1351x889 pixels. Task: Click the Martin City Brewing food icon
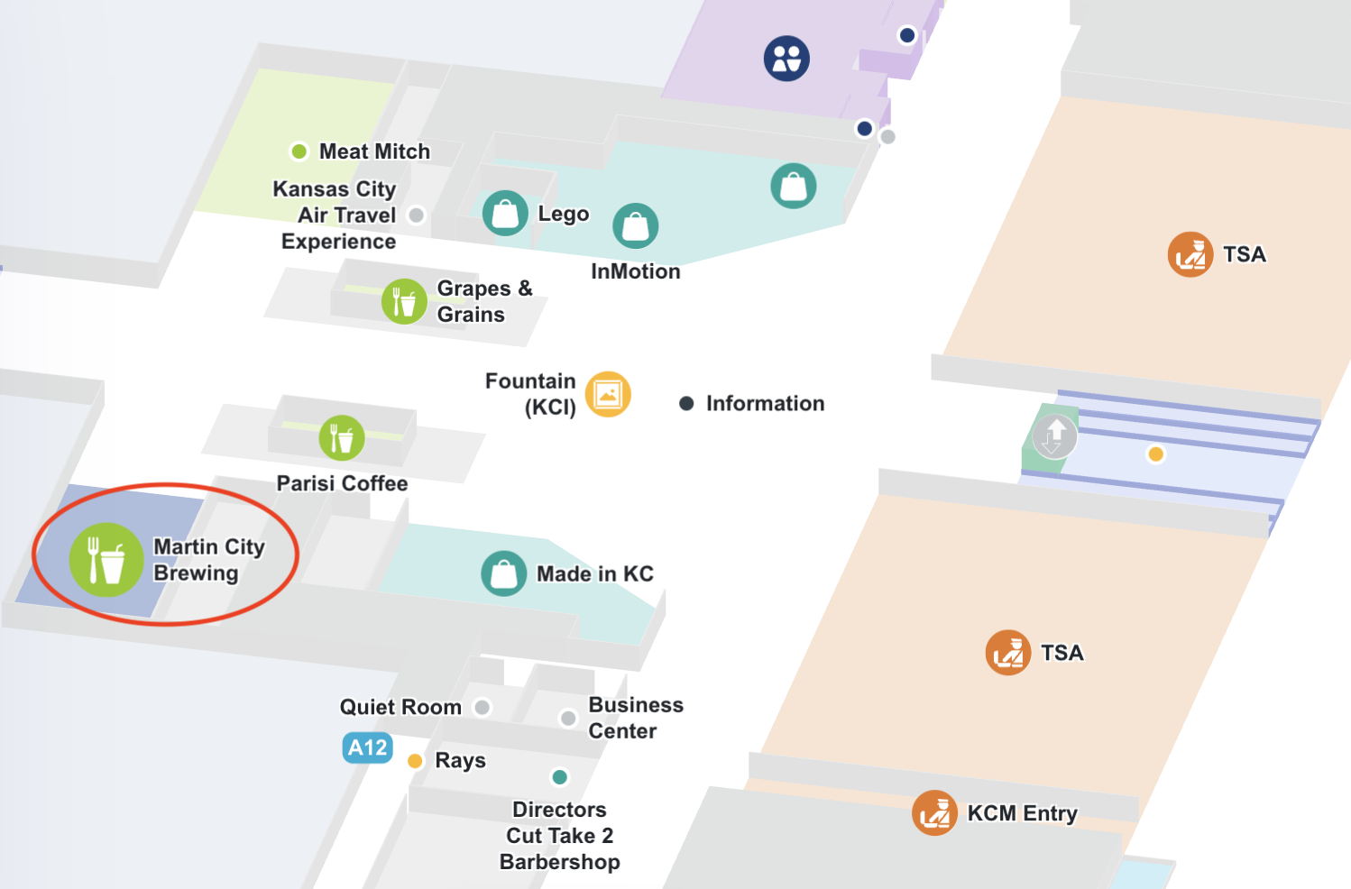pos(106,560)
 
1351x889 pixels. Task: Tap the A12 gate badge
pos(367,747)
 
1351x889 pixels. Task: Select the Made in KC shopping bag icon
pos(503,573)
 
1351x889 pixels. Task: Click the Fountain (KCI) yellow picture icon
pos(608,394)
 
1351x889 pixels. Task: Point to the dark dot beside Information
pos(686,403)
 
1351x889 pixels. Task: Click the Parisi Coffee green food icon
pos(342,438)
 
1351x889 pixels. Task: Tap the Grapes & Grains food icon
pos(404,301)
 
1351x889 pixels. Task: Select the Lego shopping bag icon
pos(505,214)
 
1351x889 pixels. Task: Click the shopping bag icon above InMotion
pos(636,225)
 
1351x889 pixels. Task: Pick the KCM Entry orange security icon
pos(934,813)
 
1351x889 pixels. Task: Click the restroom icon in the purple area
pos(786,59)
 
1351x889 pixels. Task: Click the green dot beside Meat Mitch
pos(299,151)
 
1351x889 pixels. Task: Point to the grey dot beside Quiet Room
pos(482,707)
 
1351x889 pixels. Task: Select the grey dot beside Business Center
pos(568,719)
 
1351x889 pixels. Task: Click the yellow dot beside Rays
pos(415,761)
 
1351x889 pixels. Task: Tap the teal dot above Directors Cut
pos(560,777)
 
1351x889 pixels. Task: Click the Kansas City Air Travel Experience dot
pos(416,215)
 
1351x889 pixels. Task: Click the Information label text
pos(765,403)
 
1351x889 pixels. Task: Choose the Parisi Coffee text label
pos(342,483)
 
